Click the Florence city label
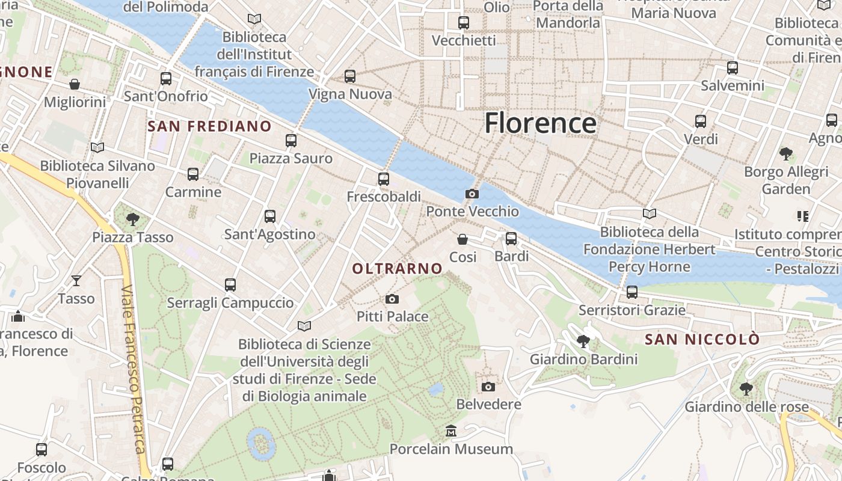point(540,123)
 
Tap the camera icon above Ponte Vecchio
point(472,194)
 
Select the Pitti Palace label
point(392,316)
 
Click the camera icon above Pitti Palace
point(392,299)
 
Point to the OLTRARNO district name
point(397,269)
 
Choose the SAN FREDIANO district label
point(209,126)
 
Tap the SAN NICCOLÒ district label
point(702,340)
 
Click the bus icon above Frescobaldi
point(384,179)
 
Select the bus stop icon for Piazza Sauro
point(291,141)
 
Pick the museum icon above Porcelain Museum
point(451,431)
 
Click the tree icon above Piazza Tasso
point(133,219)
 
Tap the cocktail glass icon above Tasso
point(76,280)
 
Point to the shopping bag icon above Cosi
point(462,239)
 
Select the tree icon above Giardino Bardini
point(583,342)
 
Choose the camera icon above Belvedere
point(488,387)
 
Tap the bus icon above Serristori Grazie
point(631,292)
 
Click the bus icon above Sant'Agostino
point(270,216)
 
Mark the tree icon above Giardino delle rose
point(746,389)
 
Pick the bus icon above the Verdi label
point(701,121)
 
